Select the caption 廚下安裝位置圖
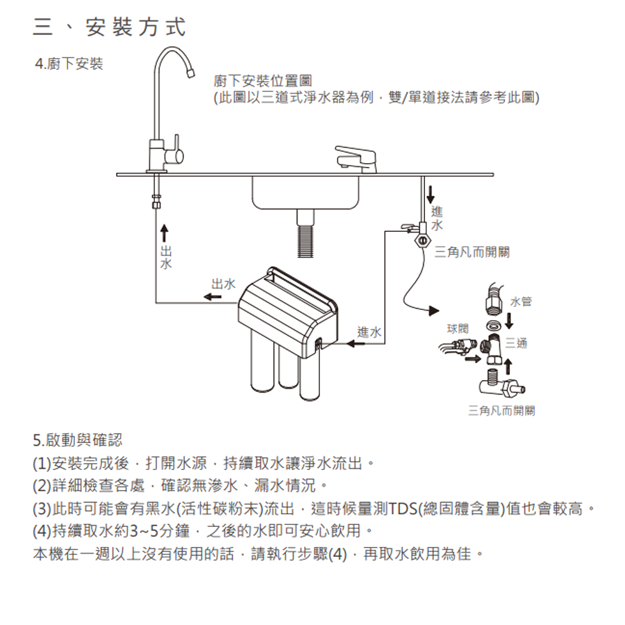click(262, 81)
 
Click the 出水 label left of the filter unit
click(223, 284)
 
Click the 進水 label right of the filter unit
click(369, 332)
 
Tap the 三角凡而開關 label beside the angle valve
click(472, 251)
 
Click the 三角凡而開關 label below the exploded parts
click(501, 411)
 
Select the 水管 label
click(521, 302)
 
